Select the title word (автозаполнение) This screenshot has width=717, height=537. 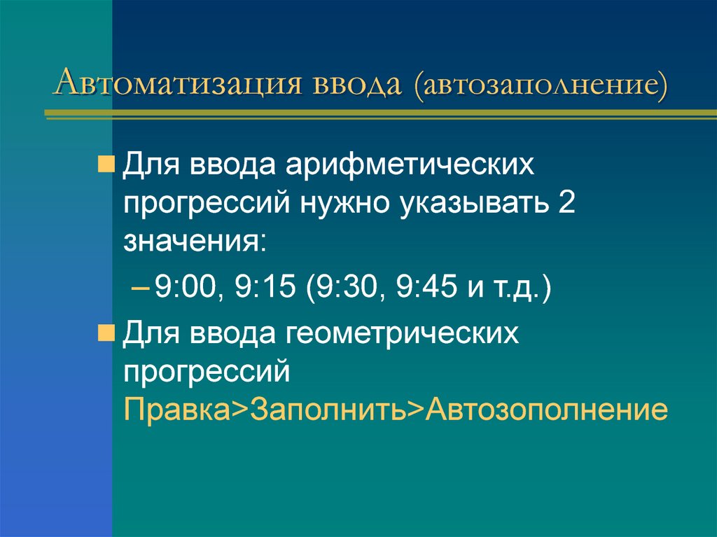click(x=541, y=87)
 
